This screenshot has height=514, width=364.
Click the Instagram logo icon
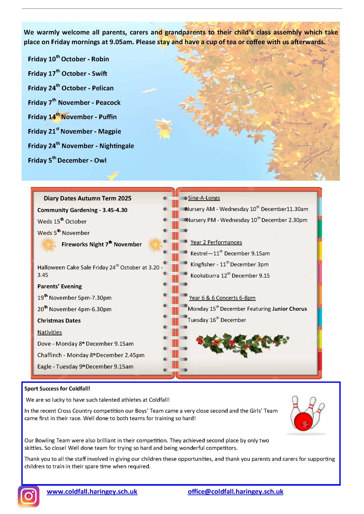pyautogui.click(x=29, y=496)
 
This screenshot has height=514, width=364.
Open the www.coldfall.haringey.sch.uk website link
pyautogui.click(x=92, y=492)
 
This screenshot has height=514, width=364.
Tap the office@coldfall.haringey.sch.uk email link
pyautogui.click(x=235, y=492)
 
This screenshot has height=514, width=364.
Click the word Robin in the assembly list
pyautogui.click(x=100, y=59)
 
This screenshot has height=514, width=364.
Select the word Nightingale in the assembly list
pyautogui.click(x=117, y=146)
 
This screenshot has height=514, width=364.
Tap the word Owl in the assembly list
pyautogui.click(x=100, y=160)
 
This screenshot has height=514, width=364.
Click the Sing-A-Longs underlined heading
pyautogui.click(x=204, y=198)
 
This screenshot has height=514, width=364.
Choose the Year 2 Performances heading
pyautogui.click(x=216, y=242)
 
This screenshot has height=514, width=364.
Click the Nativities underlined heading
pyautogui.click(x=49, y=332)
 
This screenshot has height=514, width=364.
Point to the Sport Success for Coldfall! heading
pyautogui.click(x=57, y=389)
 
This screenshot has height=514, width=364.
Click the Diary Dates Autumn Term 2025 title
pyautogui.click(x=88, y=198)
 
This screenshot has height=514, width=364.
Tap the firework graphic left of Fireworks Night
pyautogui.click(x=48, y=245)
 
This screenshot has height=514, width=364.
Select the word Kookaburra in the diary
pyautogui.click(x=205, y=276)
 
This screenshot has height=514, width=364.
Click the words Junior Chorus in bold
pyautogui.click(x=289, y=309)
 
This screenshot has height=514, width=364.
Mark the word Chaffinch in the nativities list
pyautogui.click(x=49, y=355)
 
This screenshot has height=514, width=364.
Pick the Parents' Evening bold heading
pyautogui.click(x=59, y=286)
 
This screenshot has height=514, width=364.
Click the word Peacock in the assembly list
pyautogui.click(x=108, y=103)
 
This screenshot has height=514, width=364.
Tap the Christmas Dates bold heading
pyautogui.click(x=59, y=321)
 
